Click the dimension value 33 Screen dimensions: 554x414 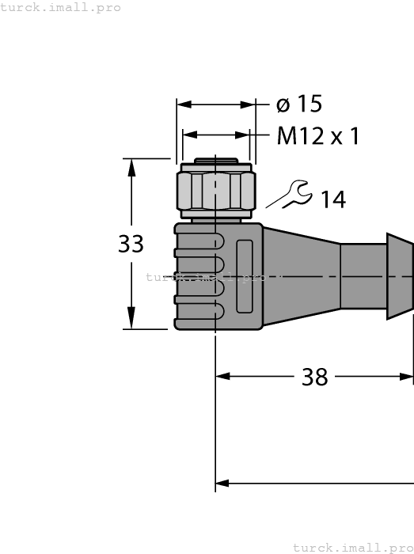(131, 245)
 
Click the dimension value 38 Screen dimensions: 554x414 (315, 378)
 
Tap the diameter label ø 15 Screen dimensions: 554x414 (299, 104)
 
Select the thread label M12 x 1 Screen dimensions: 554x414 (318, 137)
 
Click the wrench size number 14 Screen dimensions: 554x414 (333, 200)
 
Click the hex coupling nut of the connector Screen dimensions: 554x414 (215, 191)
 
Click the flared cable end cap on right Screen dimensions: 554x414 (399, 276)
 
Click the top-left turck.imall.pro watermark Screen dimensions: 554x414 (60, 7)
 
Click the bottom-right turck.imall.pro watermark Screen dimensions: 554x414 (353, 547)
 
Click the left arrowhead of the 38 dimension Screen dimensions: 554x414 (222, 377)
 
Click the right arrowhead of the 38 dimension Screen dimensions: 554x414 (407, 377)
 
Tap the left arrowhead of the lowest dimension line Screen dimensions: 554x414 (222, 482)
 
